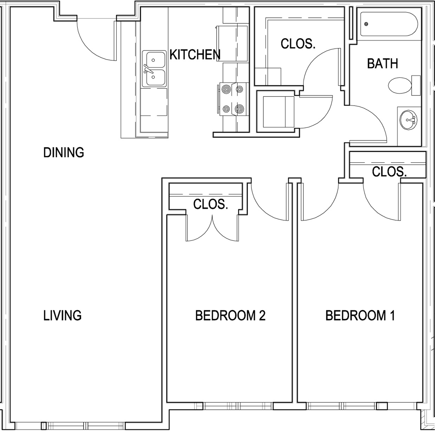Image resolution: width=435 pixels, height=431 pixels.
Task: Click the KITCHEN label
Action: pos(195,55)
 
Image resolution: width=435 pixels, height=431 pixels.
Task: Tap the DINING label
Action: pos(63,153)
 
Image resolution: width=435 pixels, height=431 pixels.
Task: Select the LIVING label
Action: pos(62,315)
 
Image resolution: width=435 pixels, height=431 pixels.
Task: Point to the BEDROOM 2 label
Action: pos(230,315)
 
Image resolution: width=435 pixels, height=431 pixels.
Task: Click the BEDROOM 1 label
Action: pos(360,315)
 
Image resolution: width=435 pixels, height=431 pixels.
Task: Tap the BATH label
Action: pos(382,64)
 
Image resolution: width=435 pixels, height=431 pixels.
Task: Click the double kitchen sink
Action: pos(154,68)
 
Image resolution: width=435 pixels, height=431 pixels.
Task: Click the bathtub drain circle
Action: pos(366,24)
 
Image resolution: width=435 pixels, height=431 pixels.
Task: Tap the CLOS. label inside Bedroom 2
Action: pos(210,204)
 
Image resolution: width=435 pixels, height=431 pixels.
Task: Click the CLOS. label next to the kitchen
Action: pos(298,44)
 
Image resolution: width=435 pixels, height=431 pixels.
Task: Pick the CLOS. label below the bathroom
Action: pos(389,171)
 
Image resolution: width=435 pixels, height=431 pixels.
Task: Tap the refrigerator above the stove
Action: pos(233,44)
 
